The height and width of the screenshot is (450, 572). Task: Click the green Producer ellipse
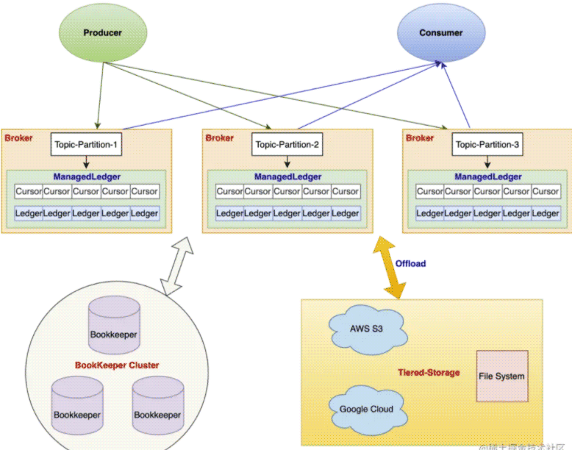click(x=102, y=33)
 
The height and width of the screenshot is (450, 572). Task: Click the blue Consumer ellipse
click(x=441, y=33)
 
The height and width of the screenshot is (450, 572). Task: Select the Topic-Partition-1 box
click(x=85, y=145)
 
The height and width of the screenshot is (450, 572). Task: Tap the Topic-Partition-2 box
click(x=287, y=145)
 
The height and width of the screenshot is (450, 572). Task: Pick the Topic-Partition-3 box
click(x=487, y=145)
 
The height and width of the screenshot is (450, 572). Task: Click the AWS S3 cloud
click(x=365, y=329)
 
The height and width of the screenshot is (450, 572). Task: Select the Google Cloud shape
click(x=366, y=409)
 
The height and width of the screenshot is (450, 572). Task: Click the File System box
click(x=501, y=376)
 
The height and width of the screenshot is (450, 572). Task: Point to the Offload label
click(x=410, y=263)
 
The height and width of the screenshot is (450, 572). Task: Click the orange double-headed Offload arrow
click(x=390, y=268)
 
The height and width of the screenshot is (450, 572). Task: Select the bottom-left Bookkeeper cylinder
click(x=76, y=406)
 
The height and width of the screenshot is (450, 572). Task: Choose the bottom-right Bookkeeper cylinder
click(x=157, y=406)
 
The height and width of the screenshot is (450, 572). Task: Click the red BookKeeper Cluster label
click(x=117, y=365)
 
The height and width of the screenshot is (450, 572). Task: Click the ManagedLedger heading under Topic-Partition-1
click(x=87, y=176)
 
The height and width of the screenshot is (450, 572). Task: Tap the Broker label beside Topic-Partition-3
click(x=420, y=137)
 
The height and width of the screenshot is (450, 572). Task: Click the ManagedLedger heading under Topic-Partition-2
click(x=287, y=176)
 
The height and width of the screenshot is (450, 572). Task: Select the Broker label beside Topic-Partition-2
click(x=219, y=137)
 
